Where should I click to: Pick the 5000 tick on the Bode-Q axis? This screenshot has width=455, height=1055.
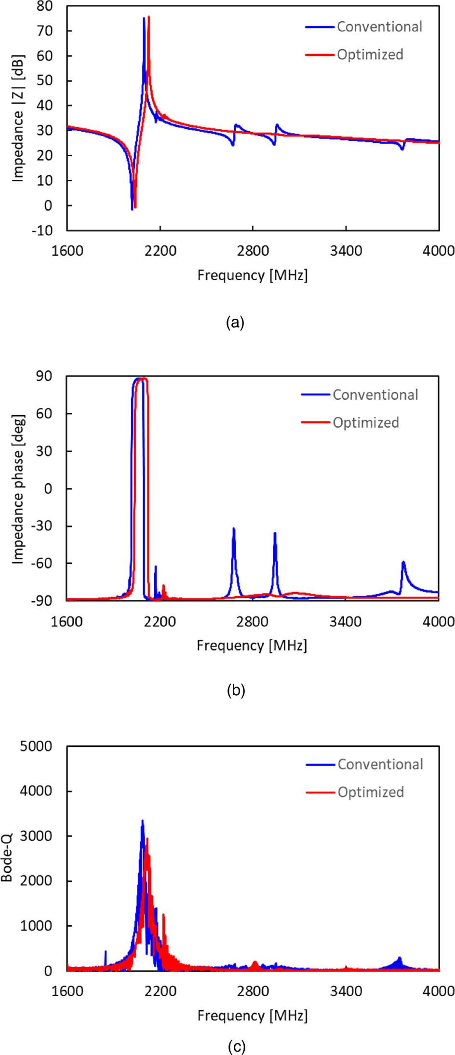(36, 746)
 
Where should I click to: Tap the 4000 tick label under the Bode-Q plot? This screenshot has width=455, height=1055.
(439, 991)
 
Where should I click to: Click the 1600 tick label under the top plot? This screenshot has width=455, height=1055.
(67, 251)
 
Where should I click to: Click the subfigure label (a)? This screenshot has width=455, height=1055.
(235, 323)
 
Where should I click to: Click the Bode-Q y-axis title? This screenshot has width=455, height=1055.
(7, 859)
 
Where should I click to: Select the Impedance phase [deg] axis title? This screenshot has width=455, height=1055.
(18, 488)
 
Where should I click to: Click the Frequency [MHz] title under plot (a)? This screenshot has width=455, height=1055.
(252, 275)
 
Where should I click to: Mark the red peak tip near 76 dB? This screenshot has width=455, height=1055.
(148, 17)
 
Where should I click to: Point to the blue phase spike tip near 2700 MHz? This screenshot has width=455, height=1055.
(234, 528)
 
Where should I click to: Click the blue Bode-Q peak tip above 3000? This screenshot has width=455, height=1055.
(142, 820)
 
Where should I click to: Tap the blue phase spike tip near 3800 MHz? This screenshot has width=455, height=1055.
(403, 562)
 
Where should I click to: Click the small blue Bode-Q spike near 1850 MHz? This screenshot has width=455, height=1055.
(106, 951)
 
